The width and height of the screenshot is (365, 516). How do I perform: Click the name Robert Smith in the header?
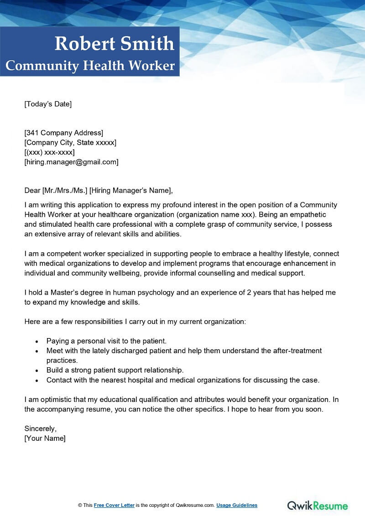click(114, 44)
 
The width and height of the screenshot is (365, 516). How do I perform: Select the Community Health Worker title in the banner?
click(90, 66)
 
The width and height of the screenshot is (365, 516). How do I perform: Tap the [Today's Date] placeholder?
click(48, 104)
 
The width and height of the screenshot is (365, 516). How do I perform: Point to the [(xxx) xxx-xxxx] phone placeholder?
click(49, 152)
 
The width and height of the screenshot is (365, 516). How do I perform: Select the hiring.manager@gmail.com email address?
click(71, 162)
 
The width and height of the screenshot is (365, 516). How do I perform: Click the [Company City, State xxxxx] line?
click(70, 142)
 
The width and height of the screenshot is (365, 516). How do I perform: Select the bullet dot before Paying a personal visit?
click(37, 341)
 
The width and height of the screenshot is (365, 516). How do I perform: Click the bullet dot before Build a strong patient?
click(37, 370)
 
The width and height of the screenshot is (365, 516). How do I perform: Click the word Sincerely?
click(40, 428)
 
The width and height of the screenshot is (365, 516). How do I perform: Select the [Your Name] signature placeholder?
click(45, 438)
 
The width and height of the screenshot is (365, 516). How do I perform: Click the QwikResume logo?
click(317, 505)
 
